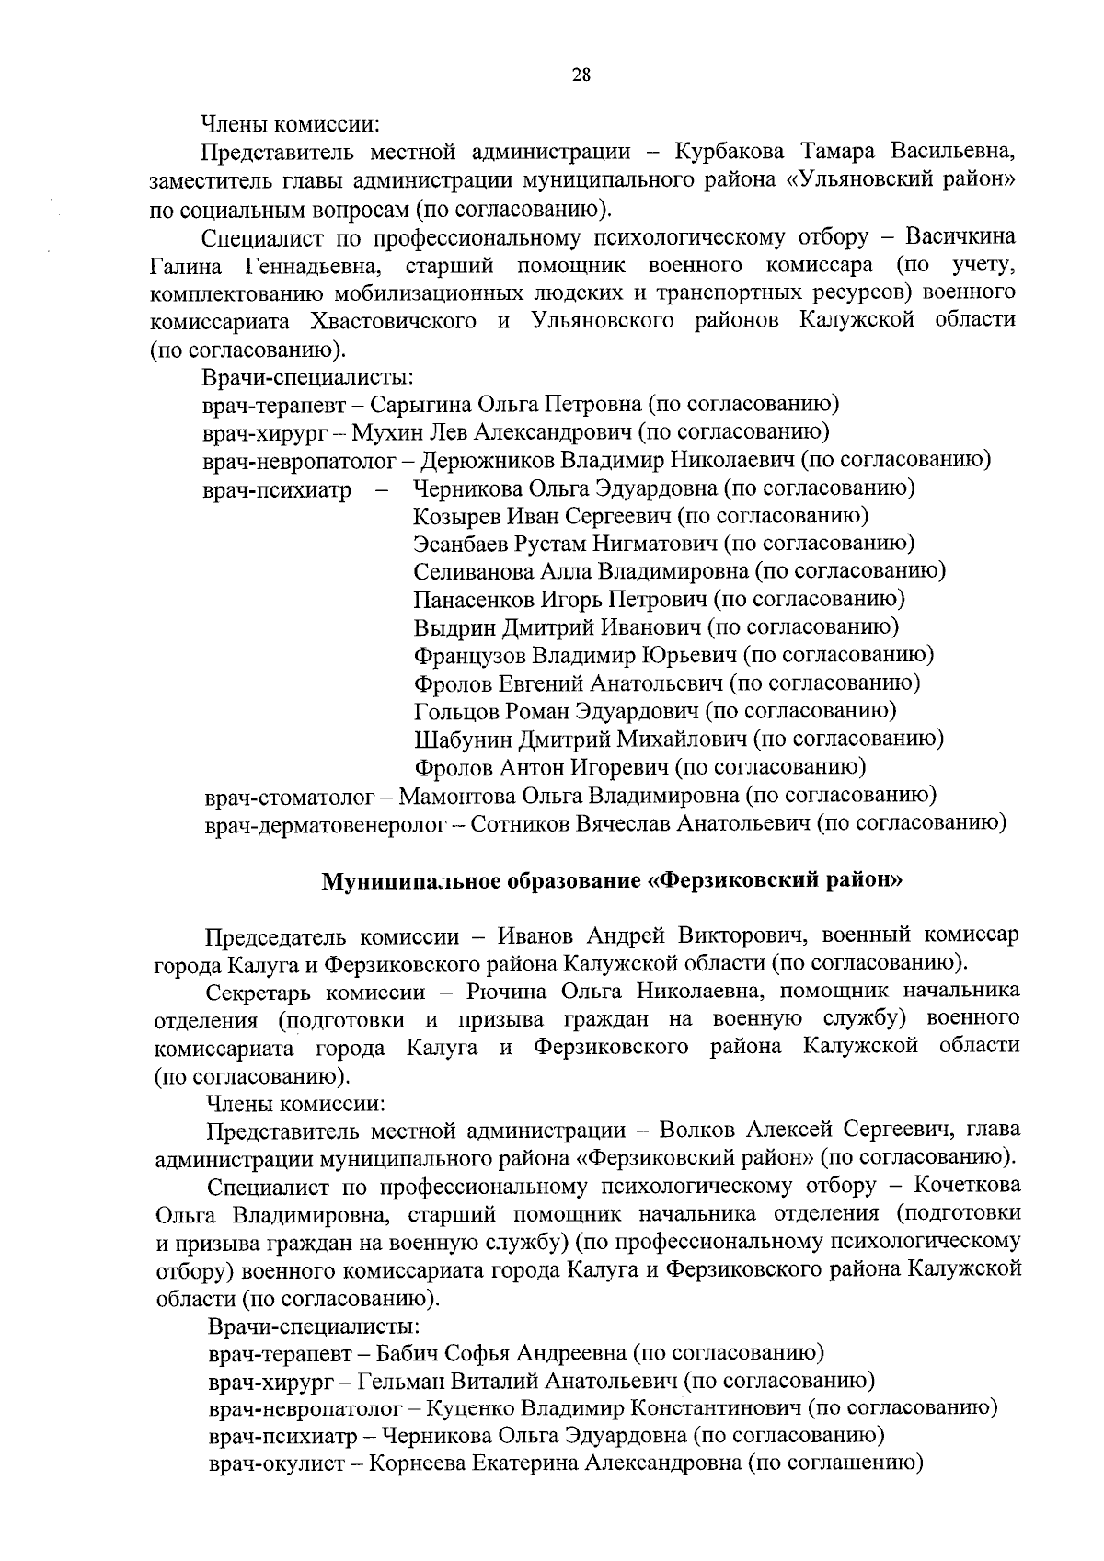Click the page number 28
[x=581, y=75]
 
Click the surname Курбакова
[x=730, y=151]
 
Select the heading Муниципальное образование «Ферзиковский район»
[x=612, y=880]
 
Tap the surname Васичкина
[x=960, y=236]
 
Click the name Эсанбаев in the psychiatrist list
[x=464, y=544]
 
